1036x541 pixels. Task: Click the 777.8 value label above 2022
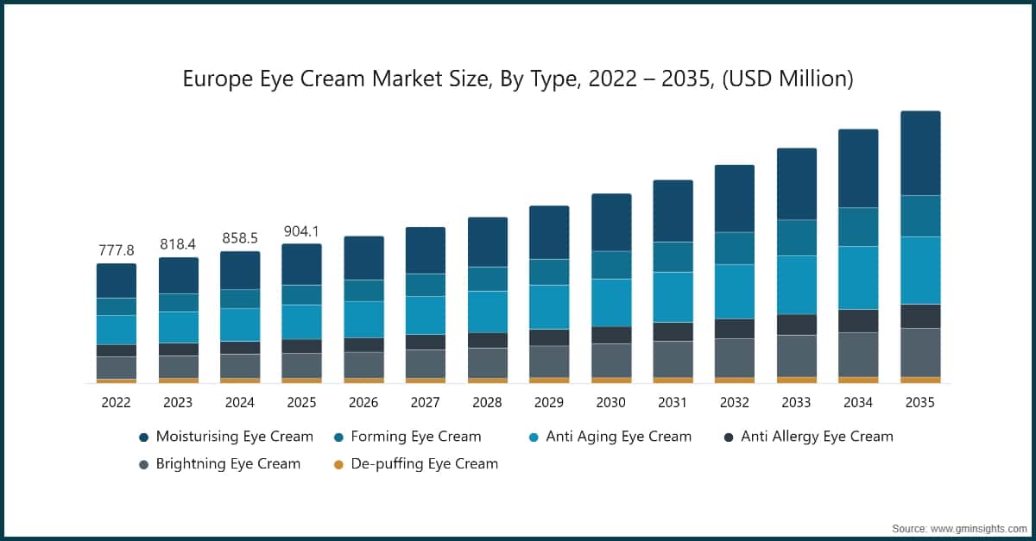click(117, 250)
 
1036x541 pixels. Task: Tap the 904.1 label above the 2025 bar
click(301, 231)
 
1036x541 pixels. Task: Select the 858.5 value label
click(240, 239)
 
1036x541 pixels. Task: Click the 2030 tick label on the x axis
click(610, 402)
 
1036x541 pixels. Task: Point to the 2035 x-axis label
click(919, 402)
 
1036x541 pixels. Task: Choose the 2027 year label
click(425, 402)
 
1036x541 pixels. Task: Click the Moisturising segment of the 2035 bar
click(920, 154)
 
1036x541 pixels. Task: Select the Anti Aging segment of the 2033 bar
click(797, 285)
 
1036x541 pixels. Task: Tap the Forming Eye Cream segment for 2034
click(858, 227)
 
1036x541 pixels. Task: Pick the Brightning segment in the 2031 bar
click(673, 359)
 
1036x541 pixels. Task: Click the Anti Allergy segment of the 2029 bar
click(549, 337)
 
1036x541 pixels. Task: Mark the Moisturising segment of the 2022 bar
click(117, 280)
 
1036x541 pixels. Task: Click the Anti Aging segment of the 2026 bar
click(363, 319)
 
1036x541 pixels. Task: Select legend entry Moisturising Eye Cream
click(234, 437)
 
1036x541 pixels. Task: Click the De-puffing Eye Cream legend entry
click(423, 463)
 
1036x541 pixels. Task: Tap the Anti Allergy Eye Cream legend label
click(817, 437)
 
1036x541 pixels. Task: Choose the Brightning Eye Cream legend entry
click(228, 463)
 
